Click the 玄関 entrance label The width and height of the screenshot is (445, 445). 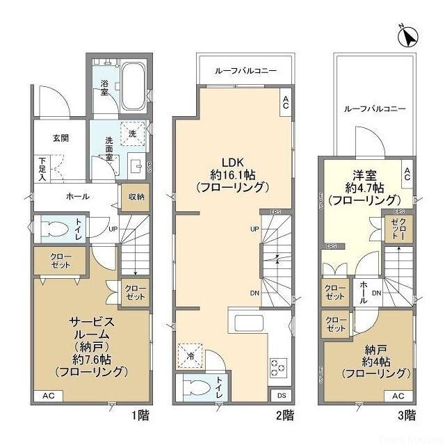61,138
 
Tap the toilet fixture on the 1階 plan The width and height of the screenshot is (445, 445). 54,230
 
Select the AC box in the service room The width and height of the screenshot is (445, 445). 49,396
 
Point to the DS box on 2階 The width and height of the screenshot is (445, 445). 281,396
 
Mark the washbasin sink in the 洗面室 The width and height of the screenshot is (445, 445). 137,165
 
